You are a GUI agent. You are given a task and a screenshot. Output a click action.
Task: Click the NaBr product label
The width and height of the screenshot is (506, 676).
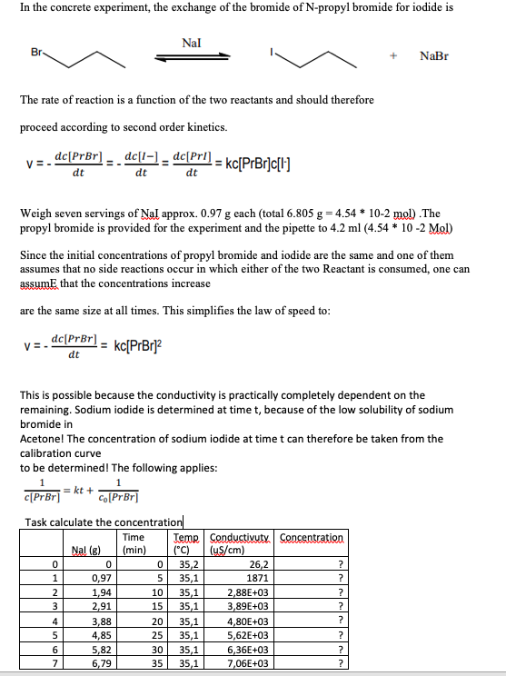(434, 56)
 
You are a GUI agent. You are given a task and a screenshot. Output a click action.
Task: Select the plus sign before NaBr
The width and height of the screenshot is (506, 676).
(392, 56)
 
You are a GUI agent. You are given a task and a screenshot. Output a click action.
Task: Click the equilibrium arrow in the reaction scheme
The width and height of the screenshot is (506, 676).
(192, 56)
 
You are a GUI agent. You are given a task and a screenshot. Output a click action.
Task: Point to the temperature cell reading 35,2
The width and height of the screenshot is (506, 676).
(190, 563)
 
